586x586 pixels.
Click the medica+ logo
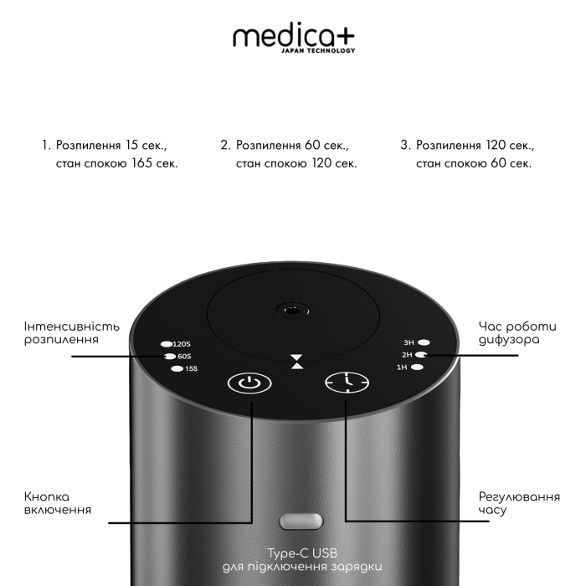[x=294, y=39]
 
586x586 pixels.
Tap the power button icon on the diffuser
[x=249, y=383]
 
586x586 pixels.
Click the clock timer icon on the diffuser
[x=347, y=383]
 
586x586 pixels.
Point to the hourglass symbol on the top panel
[x=297, y=362]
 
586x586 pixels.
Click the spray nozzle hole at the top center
[x=292, y=311]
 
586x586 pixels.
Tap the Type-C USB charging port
[x=301, y=521]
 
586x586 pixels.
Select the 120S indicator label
[x=182, y=344]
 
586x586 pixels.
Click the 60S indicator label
[x=184, y=357]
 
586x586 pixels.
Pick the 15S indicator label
[x=192, y=369]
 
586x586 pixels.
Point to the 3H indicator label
[x=409, y=342]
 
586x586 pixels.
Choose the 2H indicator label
[x=407, y=355]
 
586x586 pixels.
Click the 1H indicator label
[x=402, y=368]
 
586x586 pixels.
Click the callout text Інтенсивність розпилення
[x=72, y=333]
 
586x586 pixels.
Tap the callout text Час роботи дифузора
[x=517, y=333]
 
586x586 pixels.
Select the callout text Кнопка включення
[x=58, y=503]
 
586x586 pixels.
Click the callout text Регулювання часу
[x=519, y=503]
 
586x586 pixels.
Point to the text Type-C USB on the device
[x=302, y=553]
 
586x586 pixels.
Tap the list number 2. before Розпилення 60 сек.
[x=226, y=145]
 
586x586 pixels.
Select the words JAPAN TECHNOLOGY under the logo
[x=318, y=51]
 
